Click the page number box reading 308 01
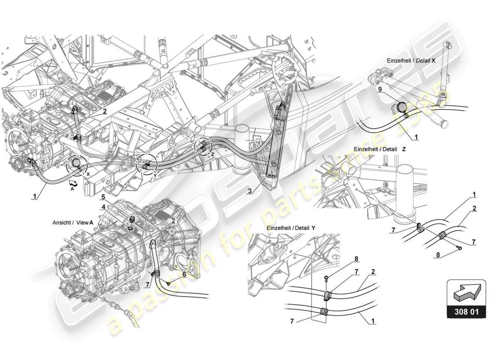[x=466, y=311]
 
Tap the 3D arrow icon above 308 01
[x=466, y=292]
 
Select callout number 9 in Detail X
[x=380, y=90]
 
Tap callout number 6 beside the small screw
[x=184, y=274]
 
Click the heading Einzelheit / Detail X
[x=411, y=60]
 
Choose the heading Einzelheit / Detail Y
[x=291, y=228]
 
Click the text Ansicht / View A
[x=73, y=222]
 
